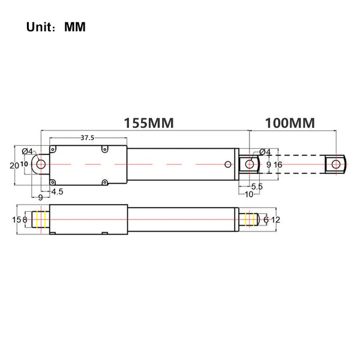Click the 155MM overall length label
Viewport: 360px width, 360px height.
[149, 123]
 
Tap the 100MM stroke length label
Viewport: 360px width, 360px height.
[290, 123]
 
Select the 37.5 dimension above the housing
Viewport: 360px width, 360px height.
[87, 138]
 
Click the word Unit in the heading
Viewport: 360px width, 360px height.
[39, 27]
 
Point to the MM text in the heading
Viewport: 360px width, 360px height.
[75, 27]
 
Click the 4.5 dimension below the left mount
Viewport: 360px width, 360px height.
[57, 191]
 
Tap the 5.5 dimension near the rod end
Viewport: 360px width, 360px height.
[257, 187]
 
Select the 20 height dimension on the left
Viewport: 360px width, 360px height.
[14, 166]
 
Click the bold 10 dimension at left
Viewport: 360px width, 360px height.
[24, 164]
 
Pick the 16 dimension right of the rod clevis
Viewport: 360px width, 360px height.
[278, 164]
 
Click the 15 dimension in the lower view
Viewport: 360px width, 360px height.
[17, 220]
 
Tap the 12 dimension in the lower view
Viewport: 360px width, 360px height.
[276, 220]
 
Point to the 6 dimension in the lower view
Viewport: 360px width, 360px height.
[266, 220]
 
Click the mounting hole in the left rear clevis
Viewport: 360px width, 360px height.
[41, 164]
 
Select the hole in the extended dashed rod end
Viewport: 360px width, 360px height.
[336, 164]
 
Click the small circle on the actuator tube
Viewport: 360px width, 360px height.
[228, 164]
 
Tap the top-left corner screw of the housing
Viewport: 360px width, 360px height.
[53, 149]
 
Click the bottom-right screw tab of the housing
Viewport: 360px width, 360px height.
[104, 182]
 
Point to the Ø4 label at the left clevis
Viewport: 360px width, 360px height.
[28, 152]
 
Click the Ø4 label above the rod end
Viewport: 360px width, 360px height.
[265, 152]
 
